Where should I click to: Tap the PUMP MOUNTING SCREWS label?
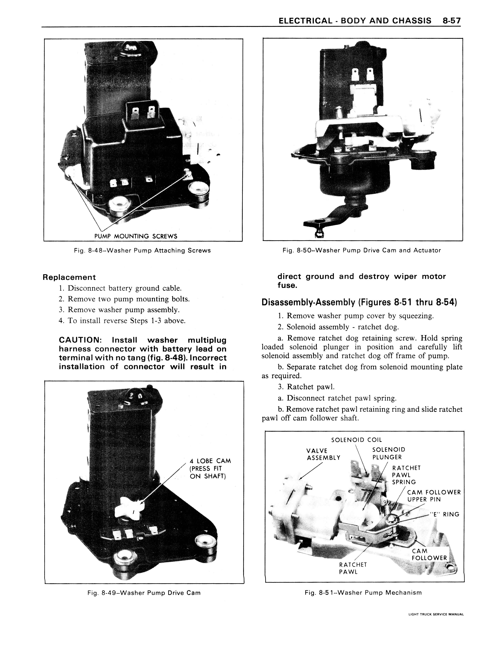coord(136,236)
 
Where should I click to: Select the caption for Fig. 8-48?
coord(142,250)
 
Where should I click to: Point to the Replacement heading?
coord(69,277)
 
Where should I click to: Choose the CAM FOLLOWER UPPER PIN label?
coord(434,496)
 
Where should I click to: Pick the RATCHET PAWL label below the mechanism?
coord(353,568)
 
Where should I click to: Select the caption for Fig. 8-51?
coord(363,593)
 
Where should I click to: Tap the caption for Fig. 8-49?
coord(144,593)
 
